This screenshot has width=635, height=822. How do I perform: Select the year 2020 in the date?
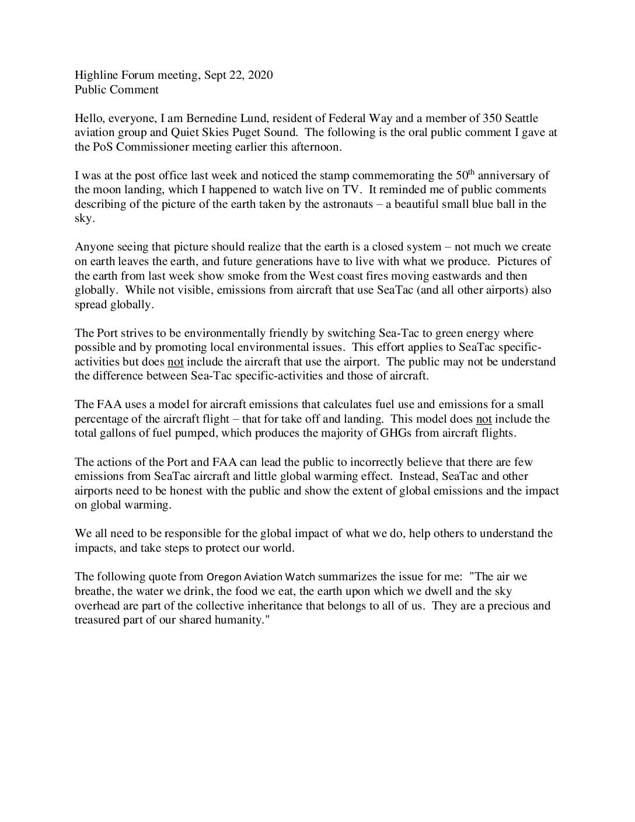[x=260, y=75]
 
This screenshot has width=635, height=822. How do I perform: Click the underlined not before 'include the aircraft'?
[x=176, y=362]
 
